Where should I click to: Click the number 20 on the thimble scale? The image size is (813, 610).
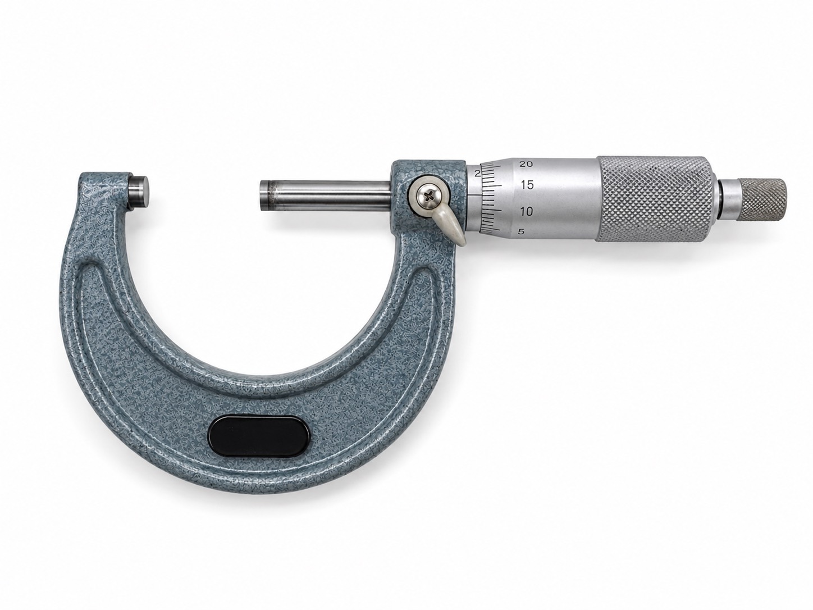pos(526,164)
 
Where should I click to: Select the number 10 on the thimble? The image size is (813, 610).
pos(526,212)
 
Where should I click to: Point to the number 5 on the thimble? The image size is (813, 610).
pos(522,232)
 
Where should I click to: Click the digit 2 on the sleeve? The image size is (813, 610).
pos(477,174)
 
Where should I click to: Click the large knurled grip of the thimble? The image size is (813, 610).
pos(656,199)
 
